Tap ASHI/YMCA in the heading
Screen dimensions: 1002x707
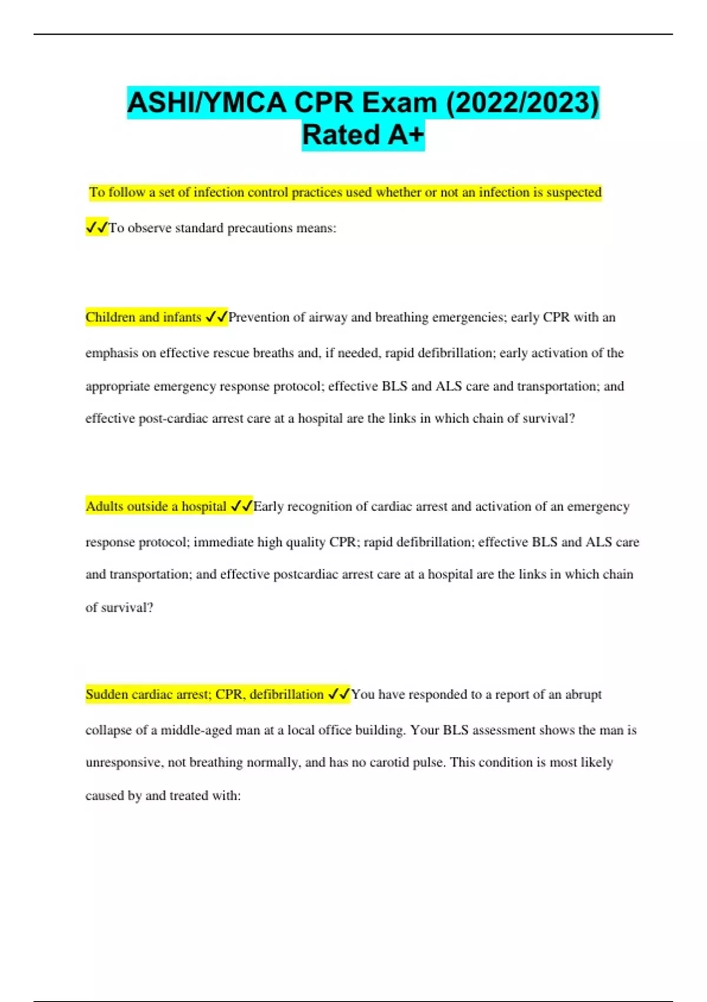pyautogui.click(x=207, y=103)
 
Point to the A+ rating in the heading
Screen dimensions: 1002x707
pyautogui.click(x=406, y=135)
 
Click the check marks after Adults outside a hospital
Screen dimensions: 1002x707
pyautogui.click(x=242, y=506)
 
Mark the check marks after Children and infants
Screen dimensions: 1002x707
pyautogui.click(x=216, y=317)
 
